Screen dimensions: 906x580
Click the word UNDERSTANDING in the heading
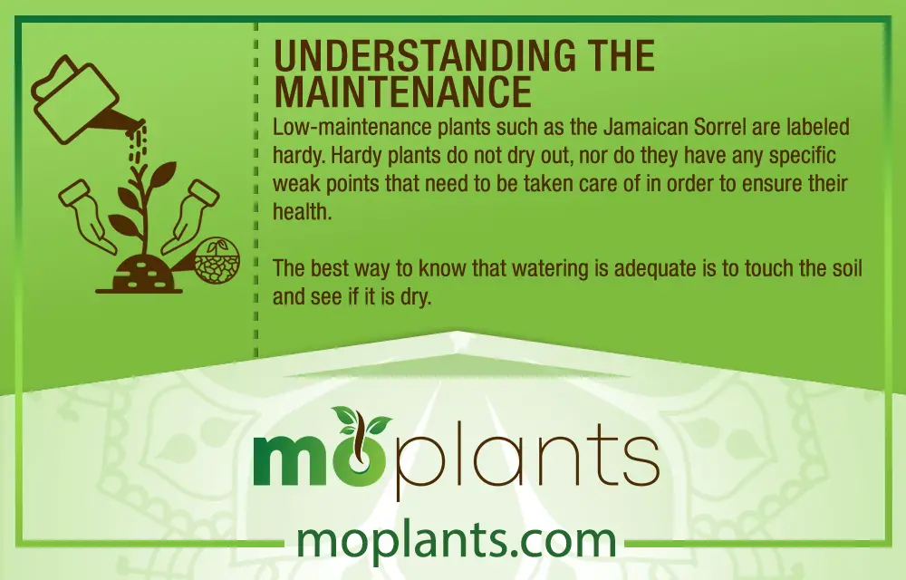[425, 55]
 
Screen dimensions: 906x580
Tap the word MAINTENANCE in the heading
[402, 91]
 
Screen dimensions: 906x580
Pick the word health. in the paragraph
[303, 211]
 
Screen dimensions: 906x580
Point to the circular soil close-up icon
[217, 260]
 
